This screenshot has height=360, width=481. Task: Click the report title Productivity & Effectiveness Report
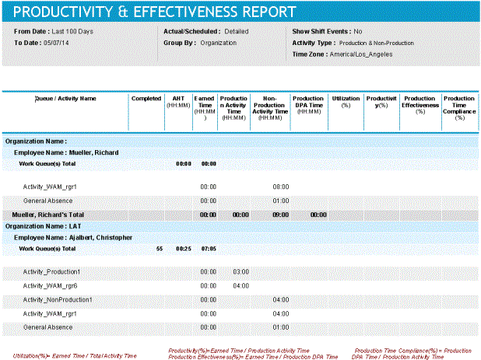155,12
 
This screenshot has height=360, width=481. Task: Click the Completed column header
146,99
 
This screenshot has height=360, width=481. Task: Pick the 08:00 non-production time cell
281,187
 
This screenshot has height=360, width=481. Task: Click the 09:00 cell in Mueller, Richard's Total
281,214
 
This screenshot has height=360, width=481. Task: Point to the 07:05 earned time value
208,249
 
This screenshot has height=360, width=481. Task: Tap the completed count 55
160,249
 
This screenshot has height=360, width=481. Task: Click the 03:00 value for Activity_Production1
240,272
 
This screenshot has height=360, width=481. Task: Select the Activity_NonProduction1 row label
58,299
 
